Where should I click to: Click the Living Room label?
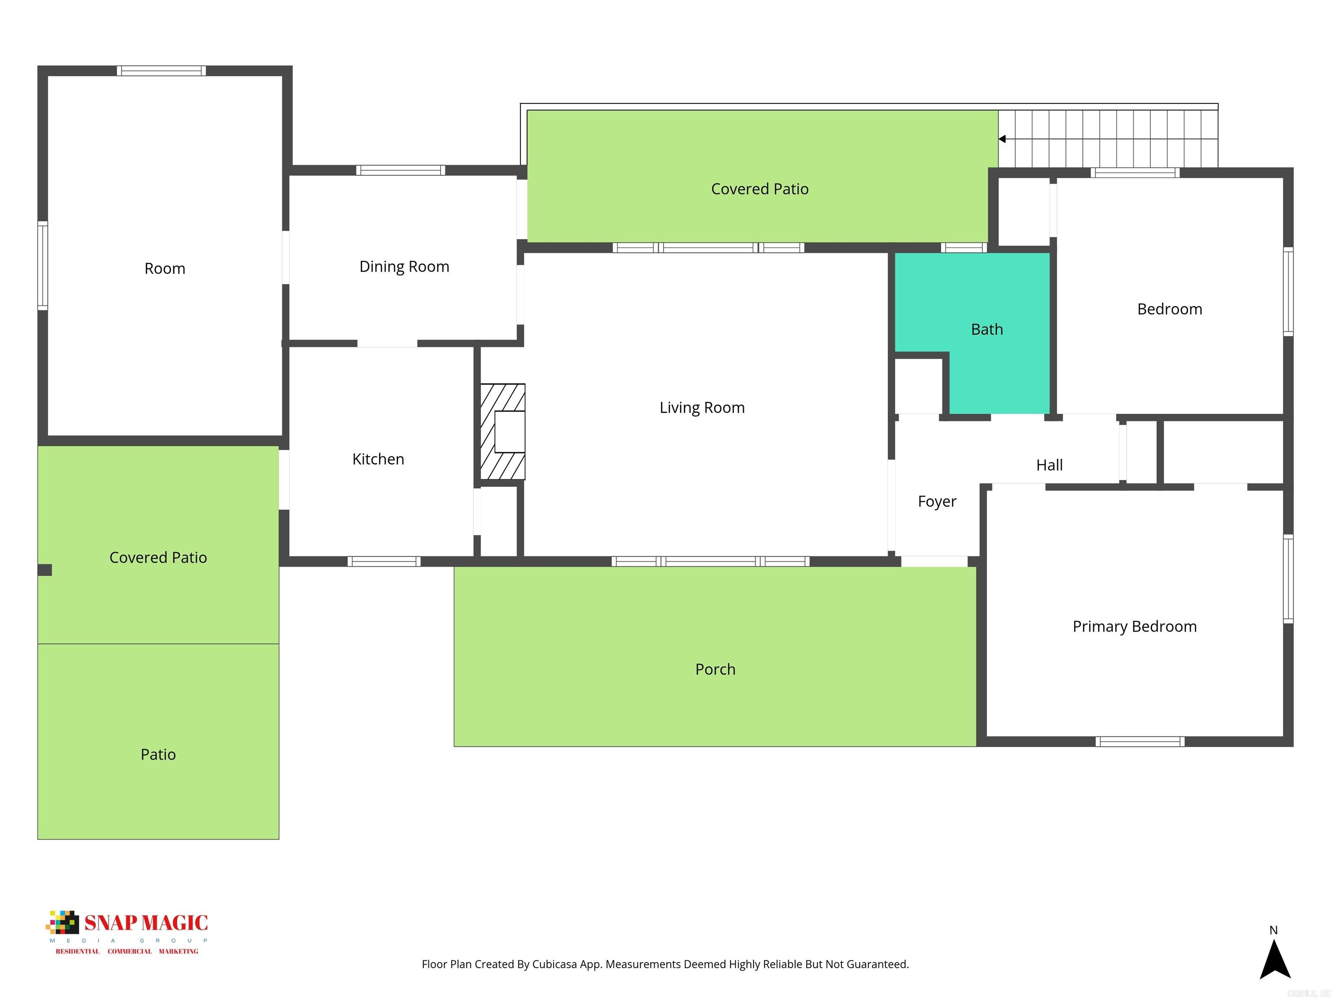point(701,408)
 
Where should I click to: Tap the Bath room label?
point(987,329)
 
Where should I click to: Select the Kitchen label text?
point(378,459)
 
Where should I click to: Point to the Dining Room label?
point(404,266)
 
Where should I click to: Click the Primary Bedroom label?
point(1134,626)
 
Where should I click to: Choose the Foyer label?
point(937,501)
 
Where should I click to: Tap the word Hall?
point(1049,465)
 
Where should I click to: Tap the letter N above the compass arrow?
point(1273,930)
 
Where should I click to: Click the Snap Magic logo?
point(127,931)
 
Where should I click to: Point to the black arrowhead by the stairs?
point(1002,139)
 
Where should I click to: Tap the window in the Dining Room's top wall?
point(401,170)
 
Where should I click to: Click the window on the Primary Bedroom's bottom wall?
point(1139,742)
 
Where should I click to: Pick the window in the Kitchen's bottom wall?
point(384,562)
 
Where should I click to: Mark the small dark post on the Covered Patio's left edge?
point(45,570)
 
